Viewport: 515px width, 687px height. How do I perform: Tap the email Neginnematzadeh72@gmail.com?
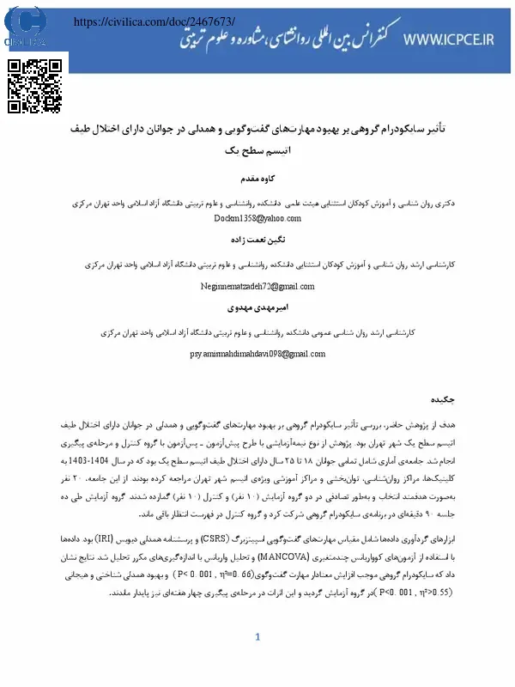pyautogui.click(x=257, y=286)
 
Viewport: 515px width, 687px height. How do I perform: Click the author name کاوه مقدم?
pyautogui.click(x=257, y=180)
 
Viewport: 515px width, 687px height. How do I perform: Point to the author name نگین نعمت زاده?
pyautogui.click(x=257, y=243)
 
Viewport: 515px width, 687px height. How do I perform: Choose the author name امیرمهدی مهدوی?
pyautogui.click(x=257, y=306)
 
